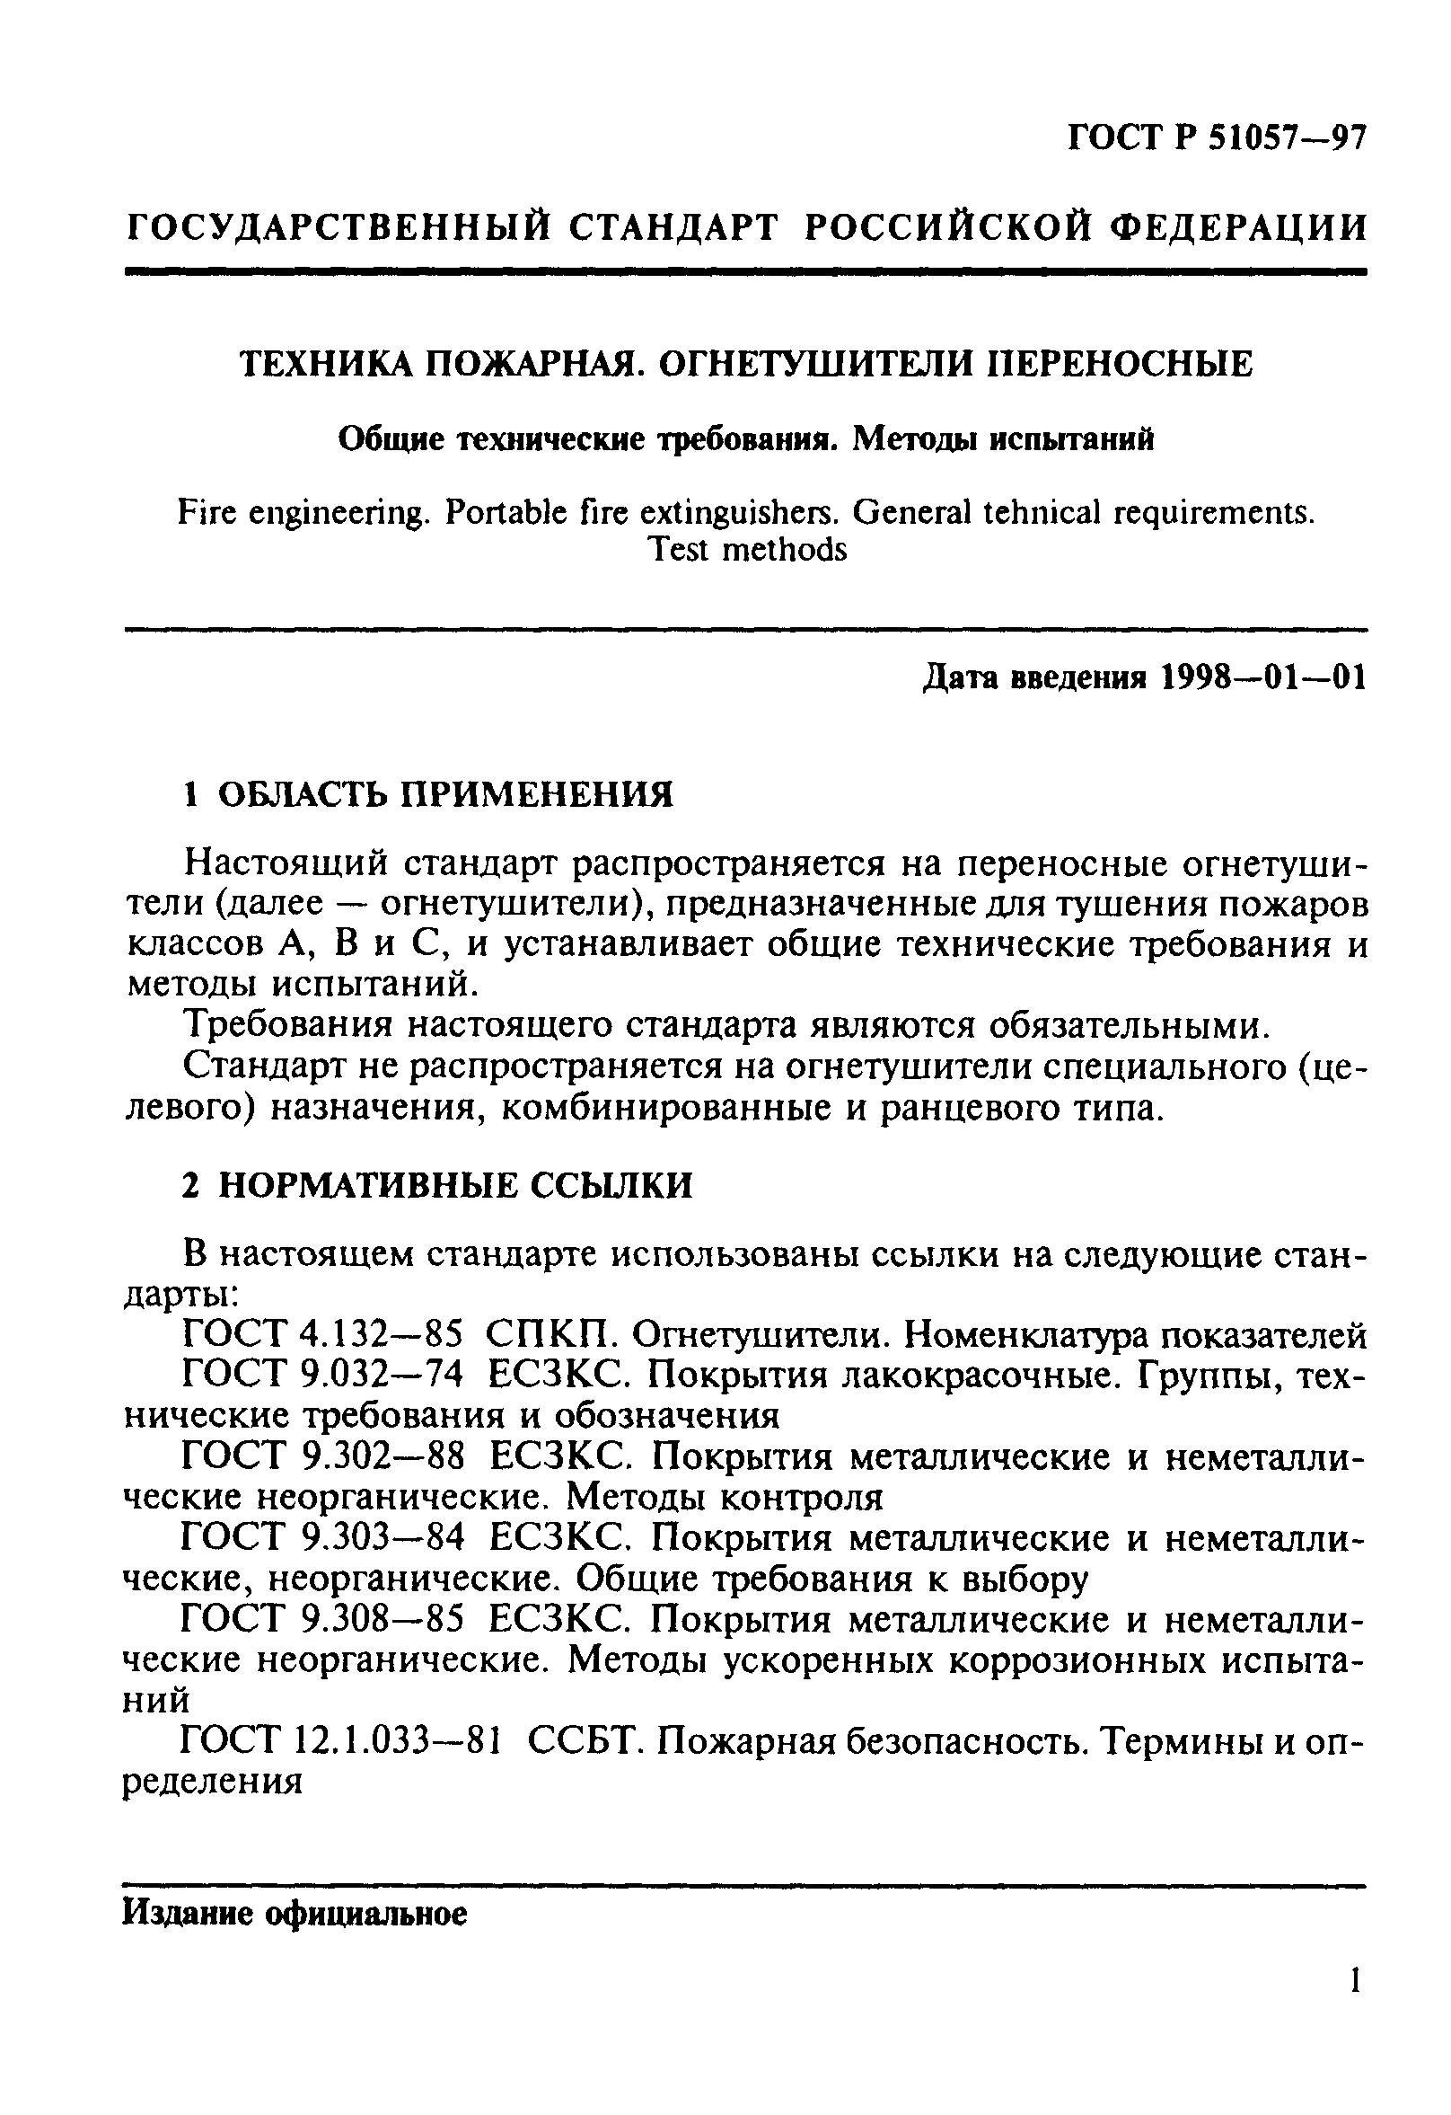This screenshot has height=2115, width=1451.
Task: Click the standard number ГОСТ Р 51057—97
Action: [x=1217, y=138]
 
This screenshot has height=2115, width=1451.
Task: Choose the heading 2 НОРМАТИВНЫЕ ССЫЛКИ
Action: [x=437, y=1186]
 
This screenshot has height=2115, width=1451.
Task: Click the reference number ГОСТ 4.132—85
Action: [x=323, y=1335]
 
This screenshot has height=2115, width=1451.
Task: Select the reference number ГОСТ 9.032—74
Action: [x=324, y=1376]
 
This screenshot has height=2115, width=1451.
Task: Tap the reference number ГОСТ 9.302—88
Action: [x=324, y=1457]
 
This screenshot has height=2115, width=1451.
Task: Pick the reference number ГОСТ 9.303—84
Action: [x=324, y=1538]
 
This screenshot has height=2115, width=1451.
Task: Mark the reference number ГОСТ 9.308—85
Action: [x=324, y=1619]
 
